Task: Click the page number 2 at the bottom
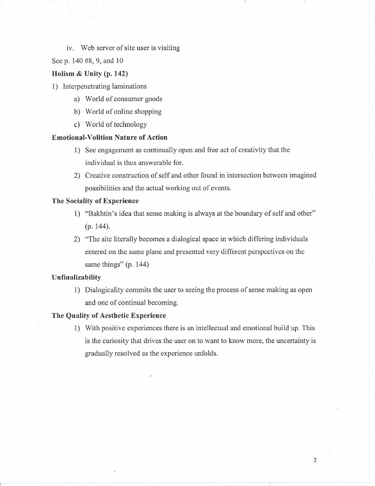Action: [315, 460]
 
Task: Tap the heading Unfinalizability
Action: [76, 277]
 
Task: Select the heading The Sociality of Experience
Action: [95, 200]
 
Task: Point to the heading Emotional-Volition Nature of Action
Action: [109, 137]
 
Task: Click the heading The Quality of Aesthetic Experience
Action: [108, 315]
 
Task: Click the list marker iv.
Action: [70, 48]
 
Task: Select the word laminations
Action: [129, 86]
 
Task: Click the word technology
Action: [129, 124]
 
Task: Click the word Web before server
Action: [88, 48]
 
